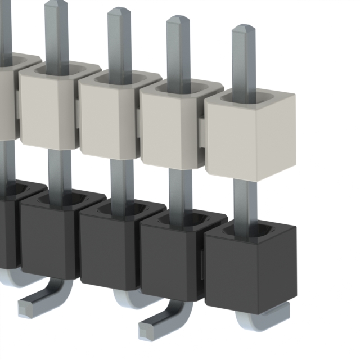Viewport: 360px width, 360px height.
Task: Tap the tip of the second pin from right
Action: (x=178, y=19)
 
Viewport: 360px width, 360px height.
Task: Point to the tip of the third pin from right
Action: (x=119, y=11)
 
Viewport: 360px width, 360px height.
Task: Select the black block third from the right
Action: (x=110, y=247)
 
